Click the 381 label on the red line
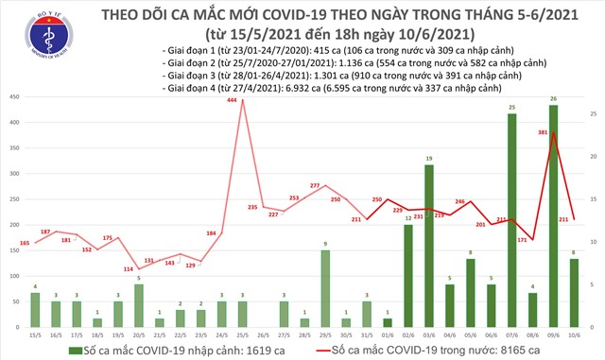(544, 132)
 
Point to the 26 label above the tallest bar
(552, 99)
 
